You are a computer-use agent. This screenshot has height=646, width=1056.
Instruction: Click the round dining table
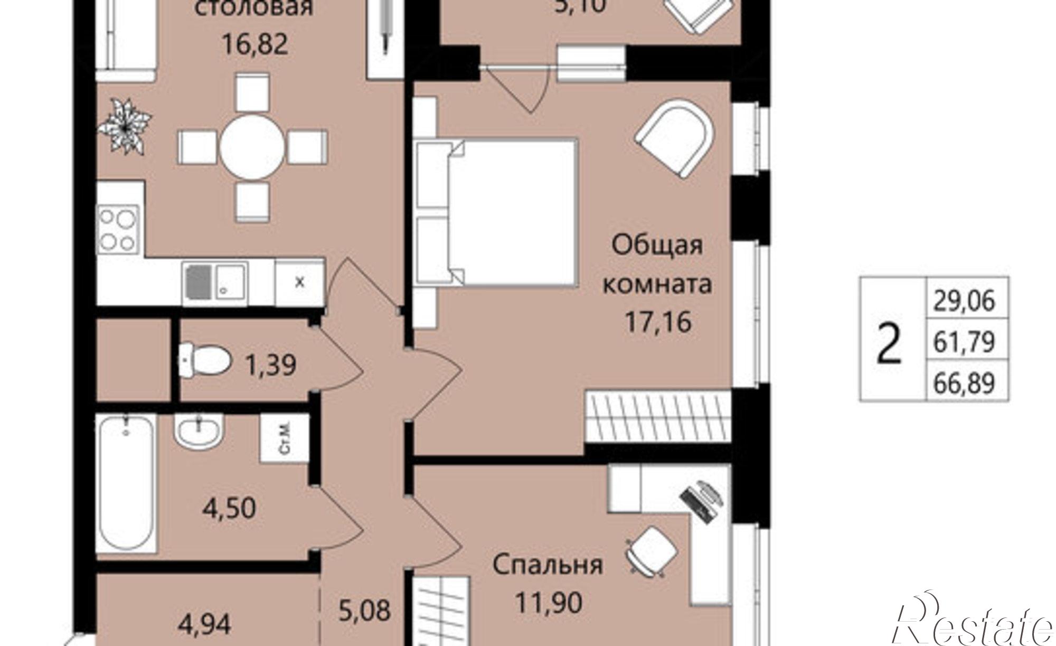tap(252, 148)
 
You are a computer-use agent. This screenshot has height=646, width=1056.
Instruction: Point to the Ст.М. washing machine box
tap(284, 438)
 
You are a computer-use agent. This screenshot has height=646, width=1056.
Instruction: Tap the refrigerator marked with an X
tap(299, 282)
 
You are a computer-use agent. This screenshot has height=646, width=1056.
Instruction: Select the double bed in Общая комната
tap(496, 213)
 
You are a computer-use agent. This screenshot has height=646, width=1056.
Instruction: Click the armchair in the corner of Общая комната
tap(675, 138)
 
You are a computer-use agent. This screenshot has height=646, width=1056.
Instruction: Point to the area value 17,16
tap(658, 322)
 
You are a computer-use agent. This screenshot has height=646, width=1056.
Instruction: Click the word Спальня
tap(548, 564)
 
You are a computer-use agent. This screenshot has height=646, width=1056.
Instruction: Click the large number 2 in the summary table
tap(889, 343)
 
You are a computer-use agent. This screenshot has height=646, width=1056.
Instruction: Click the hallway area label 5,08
tap(364, 610)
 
